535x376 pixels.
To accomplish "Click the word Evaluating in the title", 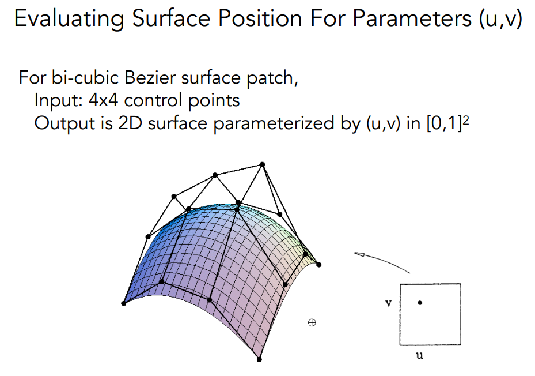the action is click(x=69, y=18).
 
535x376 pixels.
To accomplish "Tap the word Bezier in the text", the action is click(x=150, y=78).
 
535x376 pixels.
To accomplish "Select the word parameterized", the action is click(x=274, y=123).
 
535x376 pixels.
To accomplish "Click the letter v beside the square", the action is click(x=388, y=303).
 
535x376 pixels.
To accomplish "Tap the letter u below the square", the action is click(x=420, y=355).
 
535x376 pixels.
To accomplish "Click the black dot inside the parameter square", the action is click(x=420, y=303).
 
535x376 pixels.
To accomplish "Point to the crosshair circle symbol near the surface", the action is click(x=312, y=322).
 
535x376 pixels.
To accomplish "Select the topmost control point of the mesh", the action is click(x=263, y=164).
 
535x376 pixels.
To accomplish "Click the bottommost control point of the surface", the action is click(x=259, y=359).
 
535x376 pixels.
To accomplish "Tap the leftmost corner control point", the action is click(x=123, y=303).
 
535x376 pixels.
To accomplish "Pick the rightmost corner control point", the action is click(x=318, y=265).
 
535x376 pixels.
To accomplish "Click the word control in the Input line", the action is click(x=153, y=100).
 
